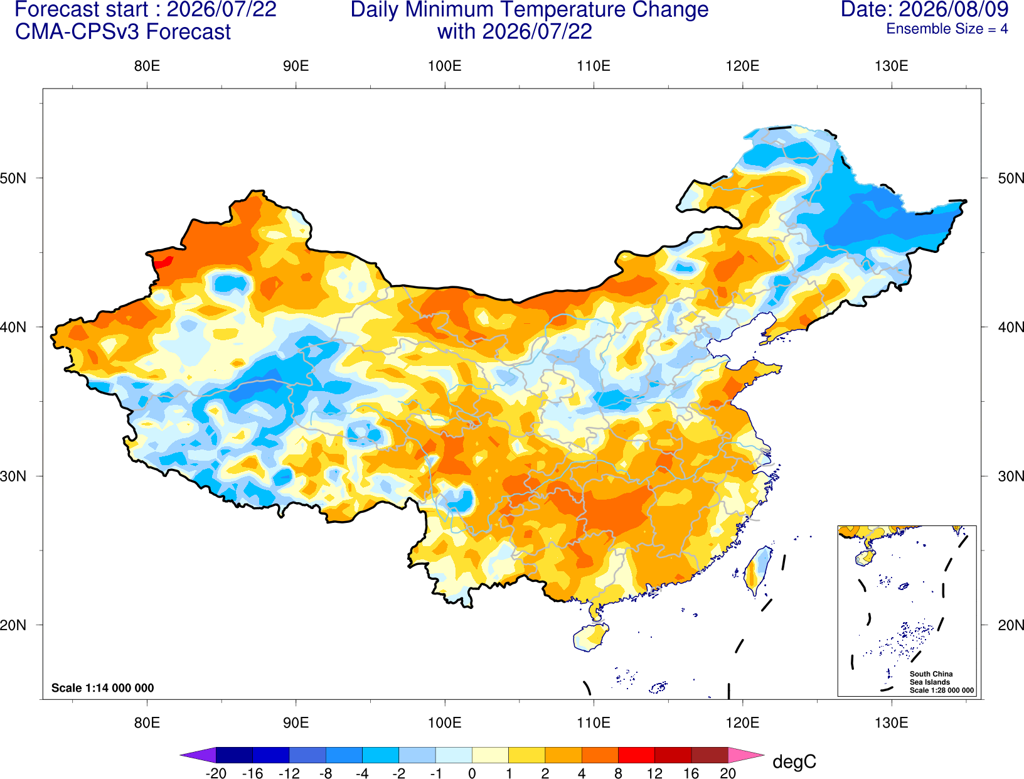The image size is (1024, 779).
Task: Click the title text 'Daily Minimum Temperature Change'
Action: (530, 9)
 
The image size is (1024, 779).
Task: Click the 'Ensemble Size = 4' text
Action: (947, 29)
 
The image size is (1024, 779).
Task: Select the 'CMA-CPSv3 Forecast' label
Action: (123, 32)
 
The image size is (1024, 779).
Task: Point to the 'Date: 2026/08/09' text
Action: (925, 9)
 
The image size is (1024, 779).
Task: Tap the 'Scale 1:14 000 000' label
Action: (103, 687)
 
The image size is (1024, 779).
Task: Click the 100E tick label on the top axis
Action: (445, 66)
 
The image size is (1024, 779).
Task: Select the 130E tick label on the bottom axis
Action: (892, 723)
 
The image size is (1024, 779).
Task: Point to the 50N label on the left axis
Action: (13, 178)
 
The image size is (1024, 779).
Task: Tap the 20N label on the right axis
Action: (1011, 625)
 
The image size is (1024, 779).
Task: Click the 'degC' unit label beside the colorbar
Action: (794, 761)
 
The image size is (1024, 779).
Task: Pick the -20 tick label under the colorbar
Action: (216, 773)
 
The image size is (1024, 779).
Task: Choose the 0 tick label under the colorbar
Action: (472, 773)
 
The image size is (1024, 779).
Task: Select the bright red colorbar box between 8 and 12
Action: (636, 755)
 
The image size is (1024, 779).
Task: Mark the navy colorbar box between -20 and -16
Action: (234, 755)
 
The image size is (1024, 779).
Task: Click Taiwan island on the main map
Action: (757, 571)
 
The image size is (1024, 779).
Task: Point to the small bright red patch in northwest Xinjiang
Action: (163, 262)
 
